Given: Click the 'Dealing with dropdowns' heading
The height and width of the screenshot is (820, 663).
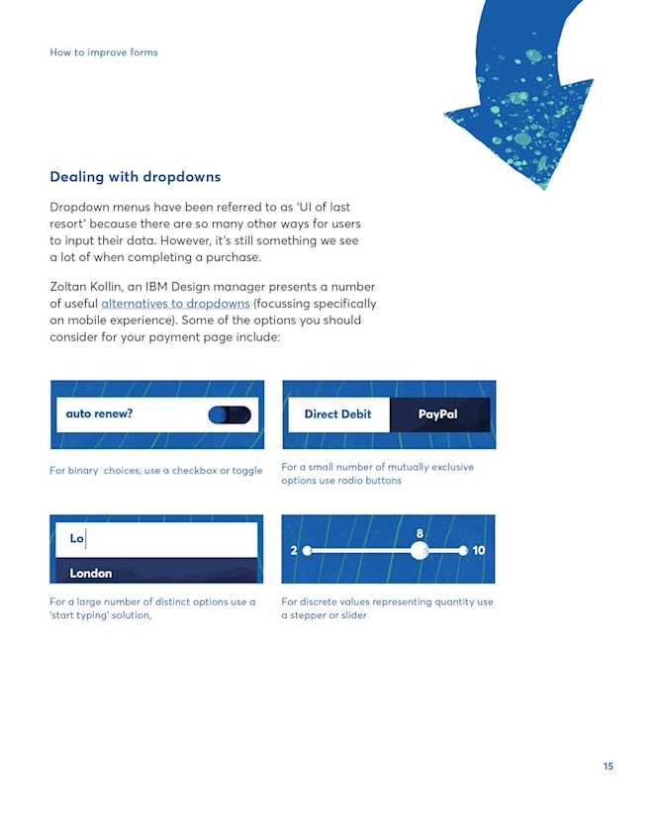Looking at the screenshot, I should (135, 177).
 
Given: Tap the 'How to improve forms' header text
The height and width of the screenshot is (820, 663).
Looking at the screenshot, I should (103, 52).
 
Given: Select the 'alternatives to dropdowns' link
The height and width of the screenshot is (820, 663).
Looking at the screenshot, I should (175, 303).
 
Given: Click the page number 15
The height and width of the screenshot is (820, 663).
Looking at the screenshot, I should (608, 767).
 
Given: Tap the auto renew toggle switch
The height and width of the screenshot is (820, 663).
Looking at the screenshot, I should (230, 414).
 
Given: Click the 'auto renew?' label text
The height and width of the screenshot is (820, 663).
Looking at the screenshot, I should (99, 414).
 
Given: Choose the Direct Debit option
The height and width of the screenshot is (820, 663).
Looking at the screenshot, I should (337, 414).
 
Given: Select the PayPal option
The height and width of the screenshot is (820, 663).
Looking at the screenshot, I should (437, 414).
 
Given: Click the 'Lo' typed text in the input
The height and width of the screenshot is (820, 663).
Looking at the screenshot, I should (76, 539).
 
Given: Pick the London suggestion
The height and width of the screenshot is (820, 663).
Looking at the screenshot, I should (91, 573).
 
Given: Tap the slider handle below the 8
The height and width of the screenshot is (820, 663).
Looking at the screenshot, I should (420, 550).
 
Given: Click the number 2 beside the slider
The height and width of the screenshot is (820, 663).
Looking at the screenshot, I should (294, 550).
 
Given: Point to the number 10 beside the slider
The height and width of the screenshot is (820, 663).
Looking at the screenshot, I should (479, 550).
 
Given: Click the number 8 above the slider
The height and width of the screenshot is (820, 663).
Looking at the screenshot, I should (420, 533).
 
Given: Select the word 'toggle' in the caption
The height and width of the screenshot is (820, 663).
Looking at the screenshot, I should (245, 471).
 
